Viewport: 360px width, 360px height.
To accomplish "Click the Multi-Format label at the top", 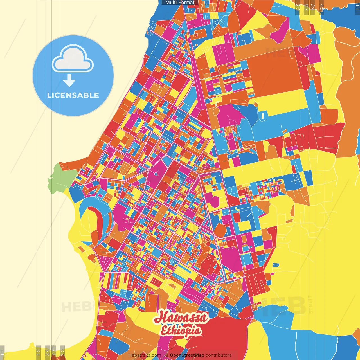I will click(x=180, y=3).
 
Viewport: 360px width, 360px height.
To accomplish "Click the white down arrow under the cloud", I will click(x=69, y=81).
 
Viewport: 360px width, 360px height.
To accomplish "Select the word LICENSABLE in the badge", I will click(x=73, y=95).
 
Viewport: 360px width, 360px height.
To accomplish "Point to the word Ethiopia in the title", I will click(x=181, y=331).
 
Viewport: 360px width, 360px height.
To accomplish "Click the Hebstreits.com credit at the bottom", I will click(x=145, y=355).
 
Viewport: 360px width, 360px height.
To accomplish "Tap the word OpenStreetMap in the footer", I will click(x=187, y=355).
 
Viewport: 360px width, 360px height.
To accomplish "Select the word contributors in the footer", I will click(x=219, y=355).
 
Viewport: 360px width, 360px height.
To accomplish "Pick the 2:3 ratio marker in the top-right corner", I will click(x=298, y=7).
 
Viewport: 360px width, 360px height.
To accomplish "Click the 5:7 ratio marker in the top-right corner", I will click(x=306, y=7).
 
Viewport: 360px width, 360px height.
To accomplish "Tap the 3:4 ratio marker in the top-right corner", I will click(x=312, y=7).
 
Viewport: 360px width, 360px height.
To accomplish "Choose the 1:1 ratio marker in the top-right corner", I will click(x=357, y=7).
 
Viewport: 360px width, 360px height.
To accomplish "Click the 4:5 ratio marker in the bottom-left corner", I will click(x=38, y=352).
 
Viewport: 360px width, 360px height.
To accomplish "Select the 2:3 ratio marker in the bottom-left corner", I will click(x=62, y=352).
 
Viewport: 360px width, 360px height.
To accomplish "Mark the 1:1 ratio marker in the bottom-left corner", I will click(x=2, y=352).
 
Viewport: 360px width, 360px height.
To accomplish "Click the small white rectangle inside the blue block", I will click(x=263, y=116).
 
